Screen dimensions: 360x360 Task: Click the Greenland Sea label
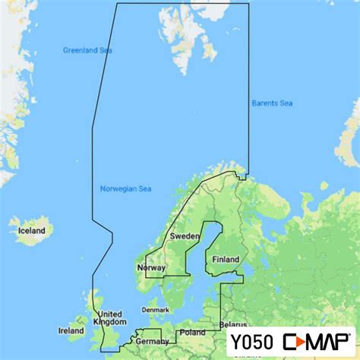point(87,50)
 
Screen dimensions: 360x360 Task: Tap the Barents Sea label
point(272,103)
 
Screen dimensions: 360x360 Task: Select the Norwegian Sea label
point(125,188)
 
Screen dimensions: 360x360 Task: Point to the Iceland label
point(33,230)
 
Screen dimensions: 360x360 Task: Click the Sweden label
point(185,237)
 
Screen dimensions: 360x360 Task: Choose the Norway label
point(150,268)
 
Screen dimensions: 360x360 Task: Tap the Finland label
point(225,259)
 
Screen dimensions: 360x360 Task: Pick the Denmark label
point(155,310)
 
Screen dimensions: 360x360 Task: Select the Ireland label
point(71,330)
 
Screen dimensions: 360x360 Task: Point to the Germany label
point(153,341)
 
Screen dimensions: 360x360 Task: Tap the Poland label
point(192,333)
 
